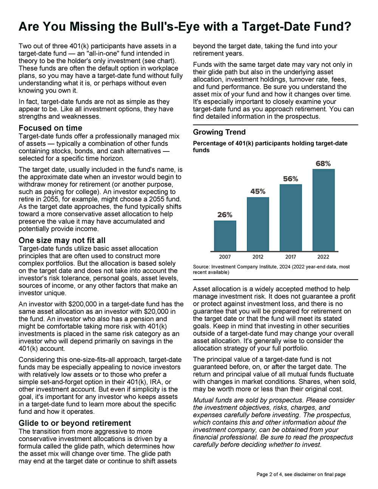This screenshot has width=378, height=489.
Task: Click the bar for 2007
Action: [x=225, y=236]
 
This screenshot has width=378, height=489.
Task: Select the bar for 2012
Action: [x=258, y=224]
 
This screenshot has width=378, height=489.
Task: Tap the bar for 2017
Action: [x=291, y=218]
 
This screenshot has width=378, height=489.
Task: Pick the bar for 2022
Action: [x=323, y=210]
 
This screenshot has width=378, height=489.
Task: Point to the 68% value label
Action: [x=323, y=164]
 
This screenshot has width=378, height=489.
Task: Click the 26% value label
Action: [x=225, y=215]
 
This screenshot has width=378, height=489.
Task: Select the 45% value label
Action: [x=258, y=192]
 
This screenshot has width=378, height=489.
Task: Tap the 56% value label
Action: [x=291, y=179]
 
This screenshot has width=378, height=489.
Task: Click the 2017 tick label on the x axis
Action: [x=291, y=257]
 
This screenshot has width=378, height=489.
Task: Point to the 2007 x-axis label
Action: [x=225, y=257]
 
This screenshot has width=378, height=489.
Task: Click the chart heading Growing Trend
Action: [x=219, y=132]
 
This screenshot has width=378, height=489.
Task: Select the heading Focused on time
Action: [x=50, y=128]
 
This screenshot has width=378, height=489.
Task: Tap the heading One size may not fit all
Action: [x=62, y=240]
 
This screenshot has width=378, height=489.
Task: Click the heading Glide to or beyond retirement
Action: [x=75, y=423]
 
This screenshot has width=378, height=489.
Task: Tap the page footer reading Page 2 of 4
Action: [x=301, y=474]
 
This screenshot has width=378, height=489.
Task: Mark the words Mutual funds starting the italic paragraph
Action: [x=212, y=400]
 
